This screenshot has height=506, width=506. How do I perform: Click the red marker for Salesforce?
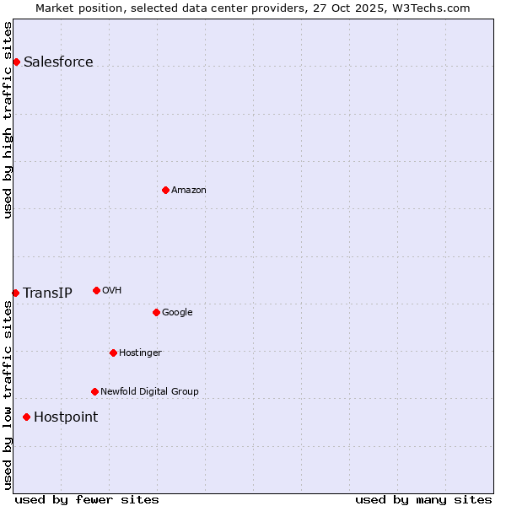click(16, 62)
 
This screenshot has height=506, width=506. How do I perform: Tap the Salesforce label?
click(58, 62)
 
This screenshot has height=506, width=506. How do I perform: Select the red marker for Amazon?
click(165, 190)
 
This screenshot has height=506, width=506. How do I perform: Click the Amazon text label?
click(189, 190)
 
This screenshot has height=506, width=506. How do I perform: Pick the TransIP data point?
click(15, 293)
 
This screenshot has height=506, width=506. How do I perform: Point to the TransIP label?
click(47, 293)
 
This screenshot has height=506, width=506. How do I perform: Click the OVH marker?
click(96, 290)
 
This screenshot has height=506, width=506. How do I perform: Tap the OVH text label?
click(112, 290)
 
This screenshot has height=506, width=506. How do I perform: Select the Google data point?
click(156, 312)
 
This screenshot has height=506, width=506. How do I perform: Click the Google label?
click(177, 312)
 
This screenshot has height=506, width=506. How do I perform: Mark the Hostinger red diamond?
click(113, 353)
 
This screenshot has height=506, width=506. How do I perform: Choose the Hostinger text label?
click(140, 353)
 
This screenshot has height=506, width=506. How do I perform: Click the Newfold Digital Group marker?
click(94, 391)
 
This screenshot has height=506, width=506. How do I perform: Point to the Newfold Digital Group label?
click(149, 391)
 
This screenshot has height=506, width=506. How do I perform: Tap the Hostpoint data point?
click(26, 417)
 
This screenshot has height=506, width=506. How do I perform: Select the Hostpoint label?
click(66, 417)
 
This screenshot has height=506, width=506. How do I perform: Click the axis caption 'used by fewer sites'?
click(87, 499)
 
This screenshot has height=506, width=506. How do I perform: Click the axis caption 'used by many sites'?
click(423, 499)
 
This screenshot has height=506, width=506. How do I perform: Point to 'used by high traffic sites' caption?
click(8, 119)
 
